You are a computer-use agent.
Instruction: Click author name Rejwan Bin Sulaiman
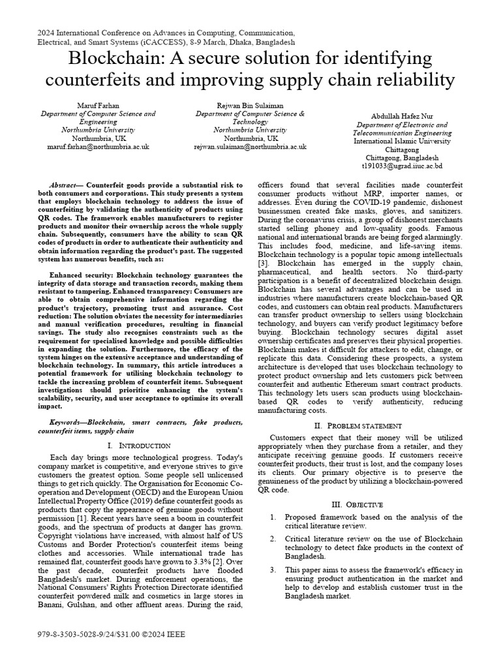click(250, 104)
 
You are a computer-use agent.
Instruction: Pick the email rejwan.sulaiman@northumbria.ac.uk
click(250, 147)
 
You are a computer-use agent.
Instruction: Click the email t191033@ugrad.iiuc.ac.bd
click(402, 166)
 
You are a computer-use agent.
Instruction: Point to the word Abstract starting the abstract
click(65, 185)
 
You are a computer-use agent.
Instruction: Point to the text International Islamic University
click(402, 140)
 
